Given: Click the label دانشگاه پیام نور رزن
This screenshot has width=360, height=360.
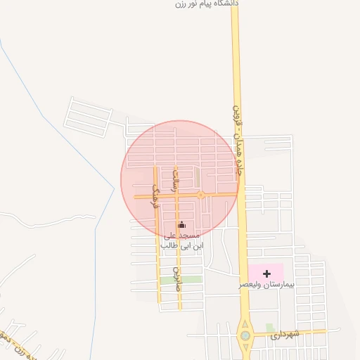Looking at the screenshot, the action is coord(207,4).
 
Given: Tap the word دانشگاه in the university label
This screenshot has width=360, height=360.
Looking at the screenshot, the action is coord(227,3).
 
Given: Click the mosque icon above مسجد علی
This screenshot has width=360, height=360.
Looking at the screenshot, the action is coord(182,224).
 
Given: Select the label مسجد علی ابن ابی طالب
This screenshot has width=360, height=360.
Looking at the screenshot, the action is coord(182,240).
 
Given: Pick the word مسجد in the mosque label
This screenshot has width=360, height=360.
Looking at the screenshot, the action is coord(191,235).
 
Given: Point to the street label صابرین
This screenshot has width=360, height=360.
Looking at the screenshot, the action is coord(177,279).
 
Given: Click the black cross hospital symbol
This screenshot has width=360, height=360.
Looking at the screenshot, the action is coord(266,272).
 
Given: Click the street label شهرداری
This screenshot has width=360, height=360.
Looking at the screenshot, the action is coord(287,333).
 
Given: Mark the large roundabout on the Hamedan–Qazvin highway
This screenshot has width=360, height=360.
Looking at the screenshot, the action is coord(245,335).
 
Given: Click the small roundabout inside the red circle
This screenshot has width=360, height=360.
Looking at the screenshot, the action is coord(200,195).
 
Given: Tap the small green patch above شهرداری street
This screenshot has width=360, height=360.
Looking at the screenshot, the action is coord(270,327).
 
